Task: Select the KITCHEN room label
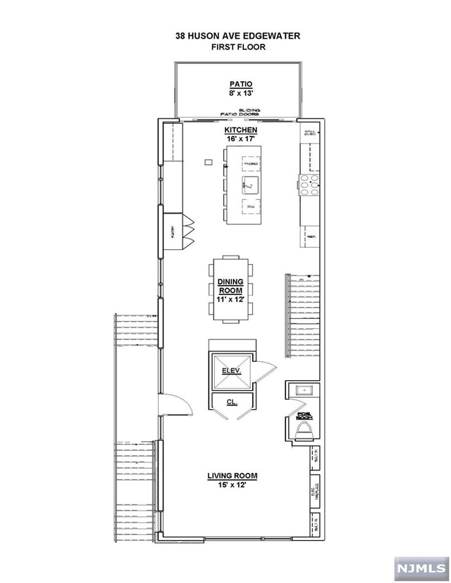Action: click(240, 131)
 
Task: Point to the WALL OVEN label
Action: click(310, 133)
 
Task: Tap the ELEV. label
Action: click(232, 370)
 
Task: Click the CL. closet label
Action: click(231, 402)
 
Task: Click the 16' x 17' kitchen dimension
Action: click(240, 139)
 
